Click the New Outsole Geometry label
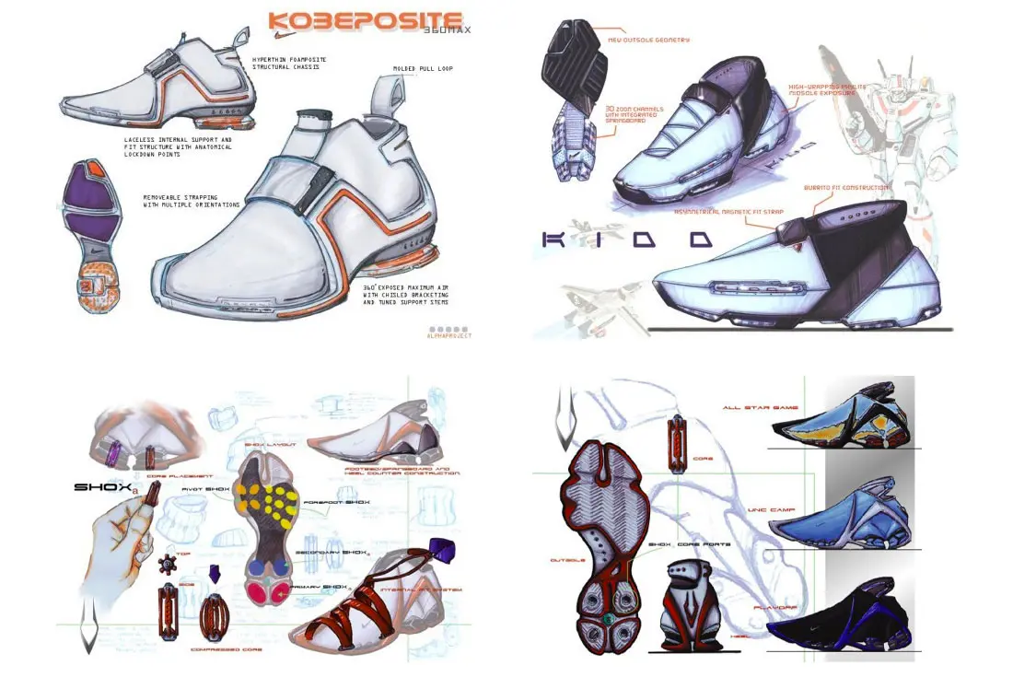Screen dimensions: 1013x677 point(648,41)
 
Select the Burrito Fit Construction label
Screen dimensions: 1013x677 point(845,188)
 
